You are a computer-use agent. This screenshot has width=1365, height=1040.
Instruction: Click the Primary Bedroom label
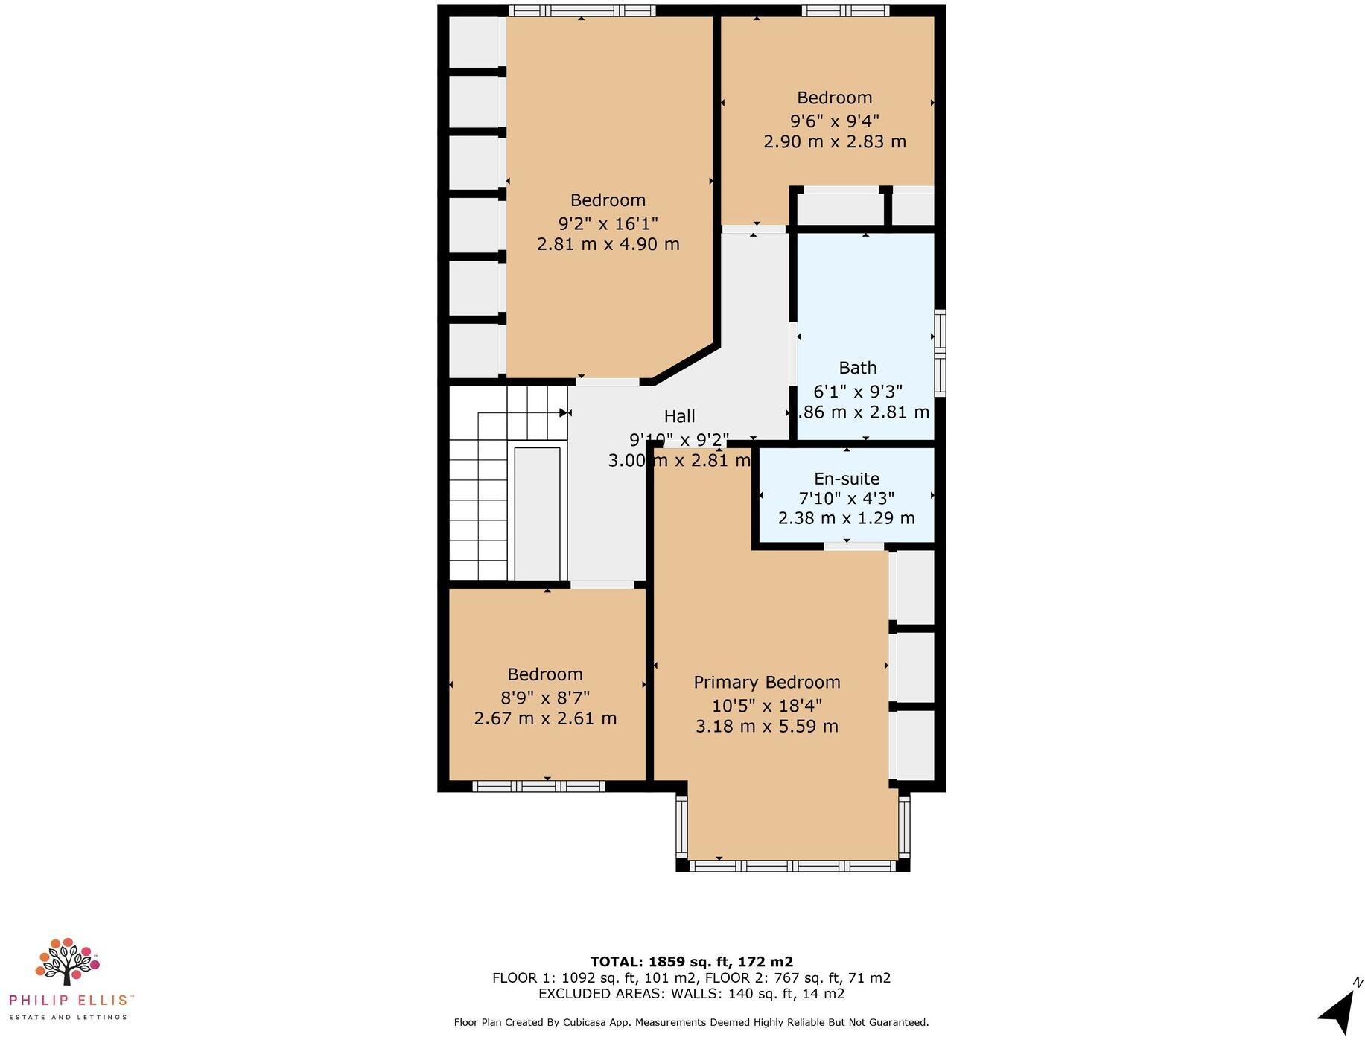tap(766, 682)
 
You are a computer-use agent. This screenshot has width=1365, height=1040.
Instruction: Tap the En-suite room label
tap(846, 479)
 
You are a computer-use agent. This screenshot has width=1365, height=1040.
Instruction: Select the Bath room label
tap(857, 368)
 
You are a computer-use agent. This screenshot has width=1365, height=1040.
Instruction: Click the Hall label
tap(679, 417)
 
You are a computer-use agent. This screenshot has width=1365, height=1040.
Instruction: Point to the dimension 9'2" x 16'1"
tap(608, 223)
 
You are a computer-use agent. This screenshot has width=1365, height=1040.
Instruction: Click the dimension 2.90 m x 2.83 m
tap(834, 141)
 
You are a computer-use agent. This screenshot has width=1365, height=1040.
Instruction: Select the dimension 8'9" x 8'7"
tap(545, 698)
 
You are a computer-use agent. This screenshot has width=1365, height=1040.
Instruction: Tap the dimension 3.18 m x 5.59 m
tap(766, 726)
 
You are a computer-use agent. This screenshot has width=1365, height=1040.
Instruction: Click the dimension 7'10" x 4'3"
tap(846, 498)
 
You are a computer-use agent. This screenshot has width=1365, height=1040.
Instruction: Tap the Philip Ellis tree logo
tap(66, 961)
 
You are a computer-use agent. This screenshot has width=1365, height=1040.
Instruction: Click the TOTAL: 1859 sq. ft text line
tap(691, 962)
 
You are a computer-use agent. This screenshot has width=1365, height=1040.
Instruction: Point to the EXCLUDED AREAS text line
tap(691, 994)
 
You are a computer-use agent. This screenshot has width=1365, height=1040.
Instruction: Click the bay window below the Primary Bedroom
tap(792, 866)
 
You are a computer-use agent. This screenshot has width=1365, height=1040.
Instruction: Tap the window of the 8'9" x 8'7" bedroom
tap(538, 786)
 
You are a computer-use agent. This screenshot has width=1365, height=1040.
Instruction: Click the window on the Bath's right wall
tap(940, 352)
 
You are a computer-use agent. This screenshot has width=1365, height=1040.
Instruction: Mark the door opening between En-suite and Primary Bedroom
tap(853, 546)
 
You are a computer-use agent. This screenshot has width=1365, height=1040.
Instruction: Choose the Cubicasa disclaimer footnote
tap(691, 1023)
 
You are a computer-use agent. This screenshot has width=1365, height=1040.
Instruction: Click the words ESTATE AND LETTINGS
tap(68, 1017)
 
